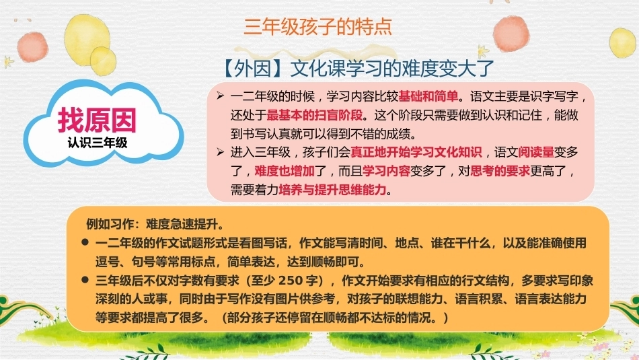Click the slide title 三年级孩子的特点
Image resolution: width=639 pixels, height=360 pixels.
[x=318, y=26]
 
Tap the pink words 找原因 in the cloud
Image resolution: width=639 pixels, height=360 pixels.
[x=97, y=120]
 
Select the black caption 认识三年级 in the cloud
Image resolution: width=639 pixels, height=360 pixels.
[x=98, y=143]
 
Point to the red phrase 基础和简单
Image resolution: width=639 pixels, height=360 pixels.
[x=428, y=96]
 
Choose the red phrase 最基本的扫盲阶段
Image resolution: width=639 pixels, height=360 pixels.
[x=315, y=115]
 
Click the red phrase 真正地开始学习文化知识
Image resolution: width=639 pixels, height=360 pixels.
[x=416, y=152]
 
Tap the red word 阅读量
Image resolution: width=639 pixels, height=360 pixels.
[x=536, y=152]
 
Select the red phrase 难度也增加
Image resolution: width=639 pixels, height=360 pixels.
[x=285, y=171]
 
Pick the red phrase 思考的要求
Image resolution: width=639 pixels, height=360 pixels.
[x=500, y=171]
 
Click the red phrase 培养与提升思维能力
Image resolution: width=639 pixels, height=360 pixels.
[x=332, y=190]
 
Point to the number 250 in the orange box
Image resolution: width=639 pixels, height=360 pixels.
[x=291, y=281]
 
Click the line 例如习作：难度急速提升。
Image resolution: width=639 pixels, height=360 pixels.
[x=155, y=224]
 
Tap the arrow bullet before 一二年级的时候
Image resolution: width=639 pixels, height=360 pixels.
[x=220, y=96]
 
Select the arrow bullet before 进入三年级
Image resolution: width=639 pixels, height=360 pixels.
[x=220, y=152]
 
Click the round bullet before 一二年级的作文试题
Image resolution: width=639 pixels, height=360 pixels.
[x=85, y=242]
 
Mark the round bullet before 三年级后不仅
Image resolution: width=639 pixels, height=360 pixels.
[x=85, y=280]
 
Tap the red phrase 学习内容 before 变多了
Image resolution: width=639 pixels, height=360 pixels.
[x=386, y=171]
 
